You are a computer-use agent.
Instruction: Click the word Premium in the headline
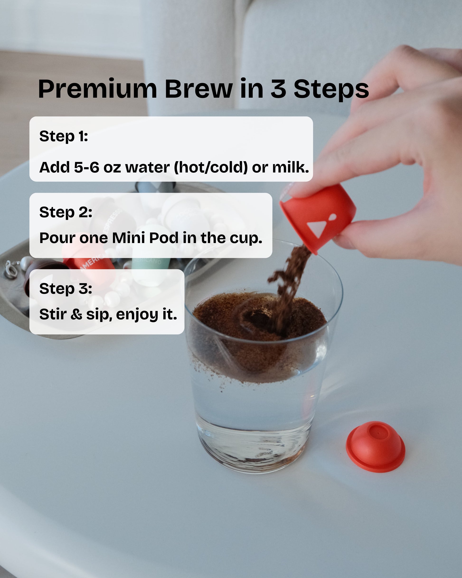click(97, 89)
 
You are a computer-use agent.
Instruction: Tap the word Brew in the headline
click(198, 89)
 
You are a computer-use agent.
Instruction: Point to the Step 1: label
click(64, 136)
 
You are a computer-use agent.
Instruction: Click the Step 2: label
click(66, 212)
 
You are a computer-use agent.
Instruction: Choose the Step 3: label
click(66, 288)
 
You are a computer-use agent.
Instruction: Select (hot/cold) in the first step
click(211, 167)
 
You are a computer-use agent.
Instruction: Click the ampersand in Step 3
click(76, 314)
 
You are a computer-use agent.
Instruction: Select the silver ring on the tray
click(10, 269)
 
